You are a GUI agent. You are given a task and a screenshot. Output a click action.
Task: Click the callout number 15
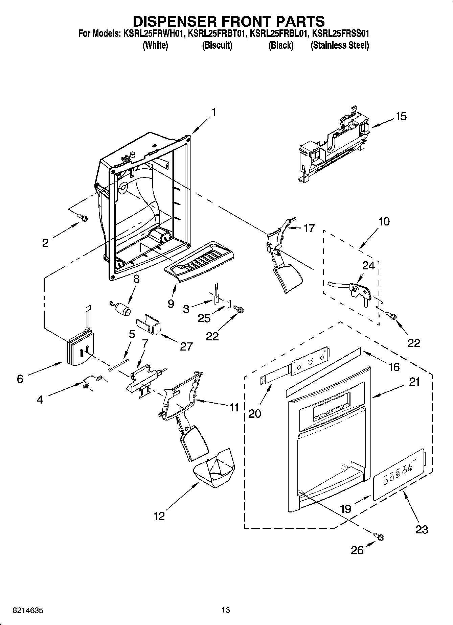pyautogui.click(x=401, y=116)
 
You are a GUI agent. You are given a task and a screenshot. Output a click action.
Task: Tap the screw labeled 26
pyautogui.click(x=379, y=536)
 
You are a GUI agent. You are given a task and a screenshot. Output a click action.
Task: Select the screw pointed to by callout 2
pyautogui.click(x=82, y=217)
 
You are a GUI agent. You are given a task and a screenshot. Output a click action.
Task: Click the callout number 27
pyautogui.click(x=186, y=346)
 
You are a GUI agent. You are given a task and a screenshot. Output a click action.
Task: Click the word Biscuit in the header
pyautogui.click(x=217, y=45)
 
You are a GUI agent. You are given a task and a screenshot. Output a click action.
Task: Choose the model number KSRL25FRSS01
pyautogui.click(x=340, y=34)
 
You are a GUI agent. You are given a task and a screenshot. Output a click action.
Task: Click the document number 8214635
pyautogui.click(x=28, y=610)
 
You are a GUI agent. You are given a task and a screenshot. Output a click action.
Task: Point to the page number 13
pyautogui.click(x=226, y=610)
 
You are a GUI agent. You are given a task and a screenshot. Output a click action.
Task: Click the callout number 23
pyautogui.click(x=422, y=529)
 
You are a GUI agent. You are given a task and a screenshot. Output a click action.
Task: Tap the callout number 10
pyautogui.click(x=384, y=221)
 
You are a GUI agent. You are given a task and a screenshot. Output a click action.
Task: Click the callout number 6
pyautogui.click(x=20, y=379)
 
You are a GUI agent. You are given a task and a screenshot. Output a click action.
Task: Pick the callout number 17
pyautogui.click(x=309, y=228)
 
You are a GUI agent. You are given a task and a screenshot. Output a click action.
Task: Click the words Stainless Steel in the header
pyautogui.click(x=340, y=45)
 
